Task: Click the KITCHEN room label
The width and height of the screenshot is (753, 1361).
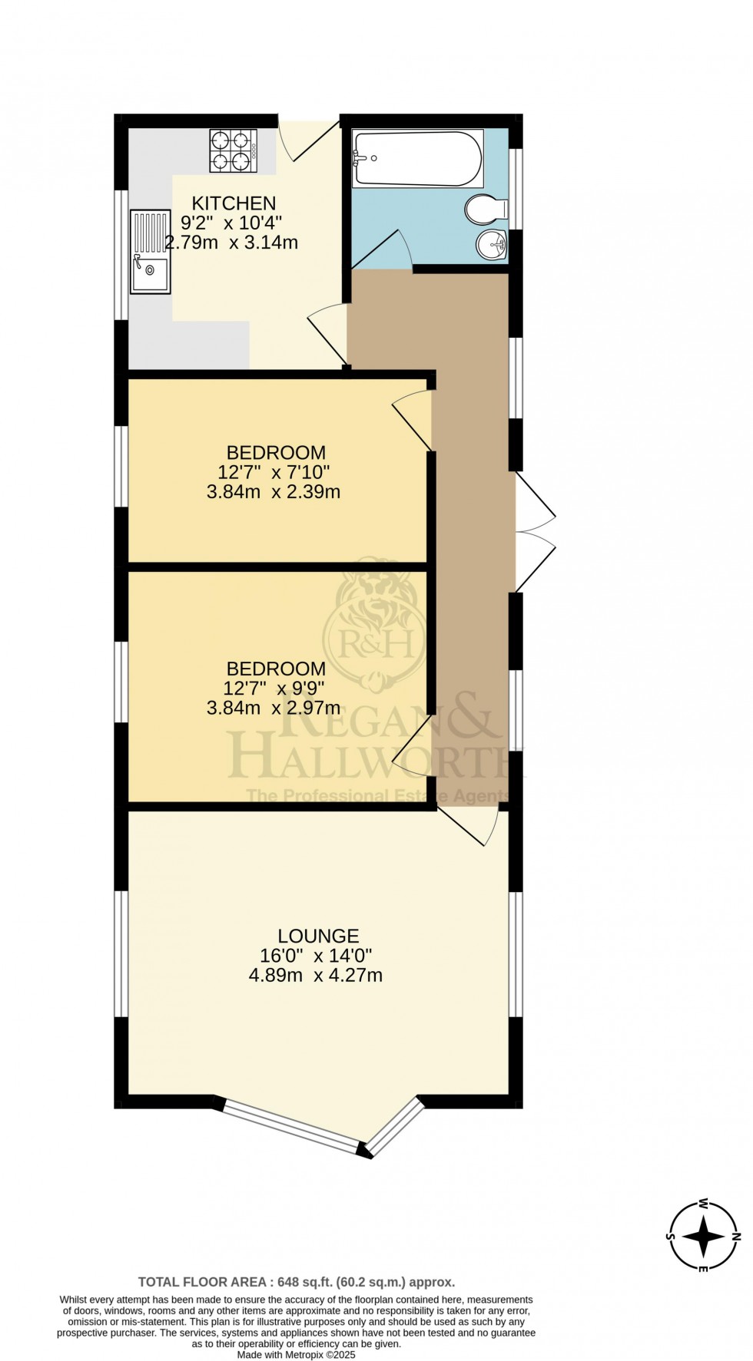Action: pyautogui.click(x=234, y=203)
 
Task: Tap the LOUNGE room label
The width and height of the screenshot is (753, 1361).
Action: pyautogui.click(x=318, y=936)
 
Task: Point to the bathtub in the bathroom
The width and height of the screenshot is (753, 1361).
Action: pyautogui.click(x=417, y=158)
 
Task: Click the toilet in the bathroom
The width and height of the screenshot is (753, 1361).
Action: pyautogui.click(x=486, y=207)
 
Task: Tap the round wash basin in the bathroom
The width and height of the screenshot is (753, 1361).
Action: pyautogui.click(x=491, y=245)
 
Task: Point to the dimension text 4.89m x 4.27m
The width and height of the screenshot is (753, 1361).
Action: pyautogui.click(x=316, y=976)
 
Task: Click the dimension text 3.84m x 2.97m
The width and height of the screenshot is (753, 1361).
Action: pyautogui.click(x=274, y=708)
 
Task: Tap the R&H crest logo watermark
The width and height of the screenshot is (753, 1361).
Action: pyautogui.click(x=374, y=628)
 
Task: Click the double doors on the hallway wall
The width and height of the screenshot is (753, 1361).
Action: pyautogui.click(x=534, y=531)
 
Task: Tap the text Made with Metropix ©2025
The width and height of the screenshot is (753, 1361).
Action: pyautogui.click(x=296, y=1355)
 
